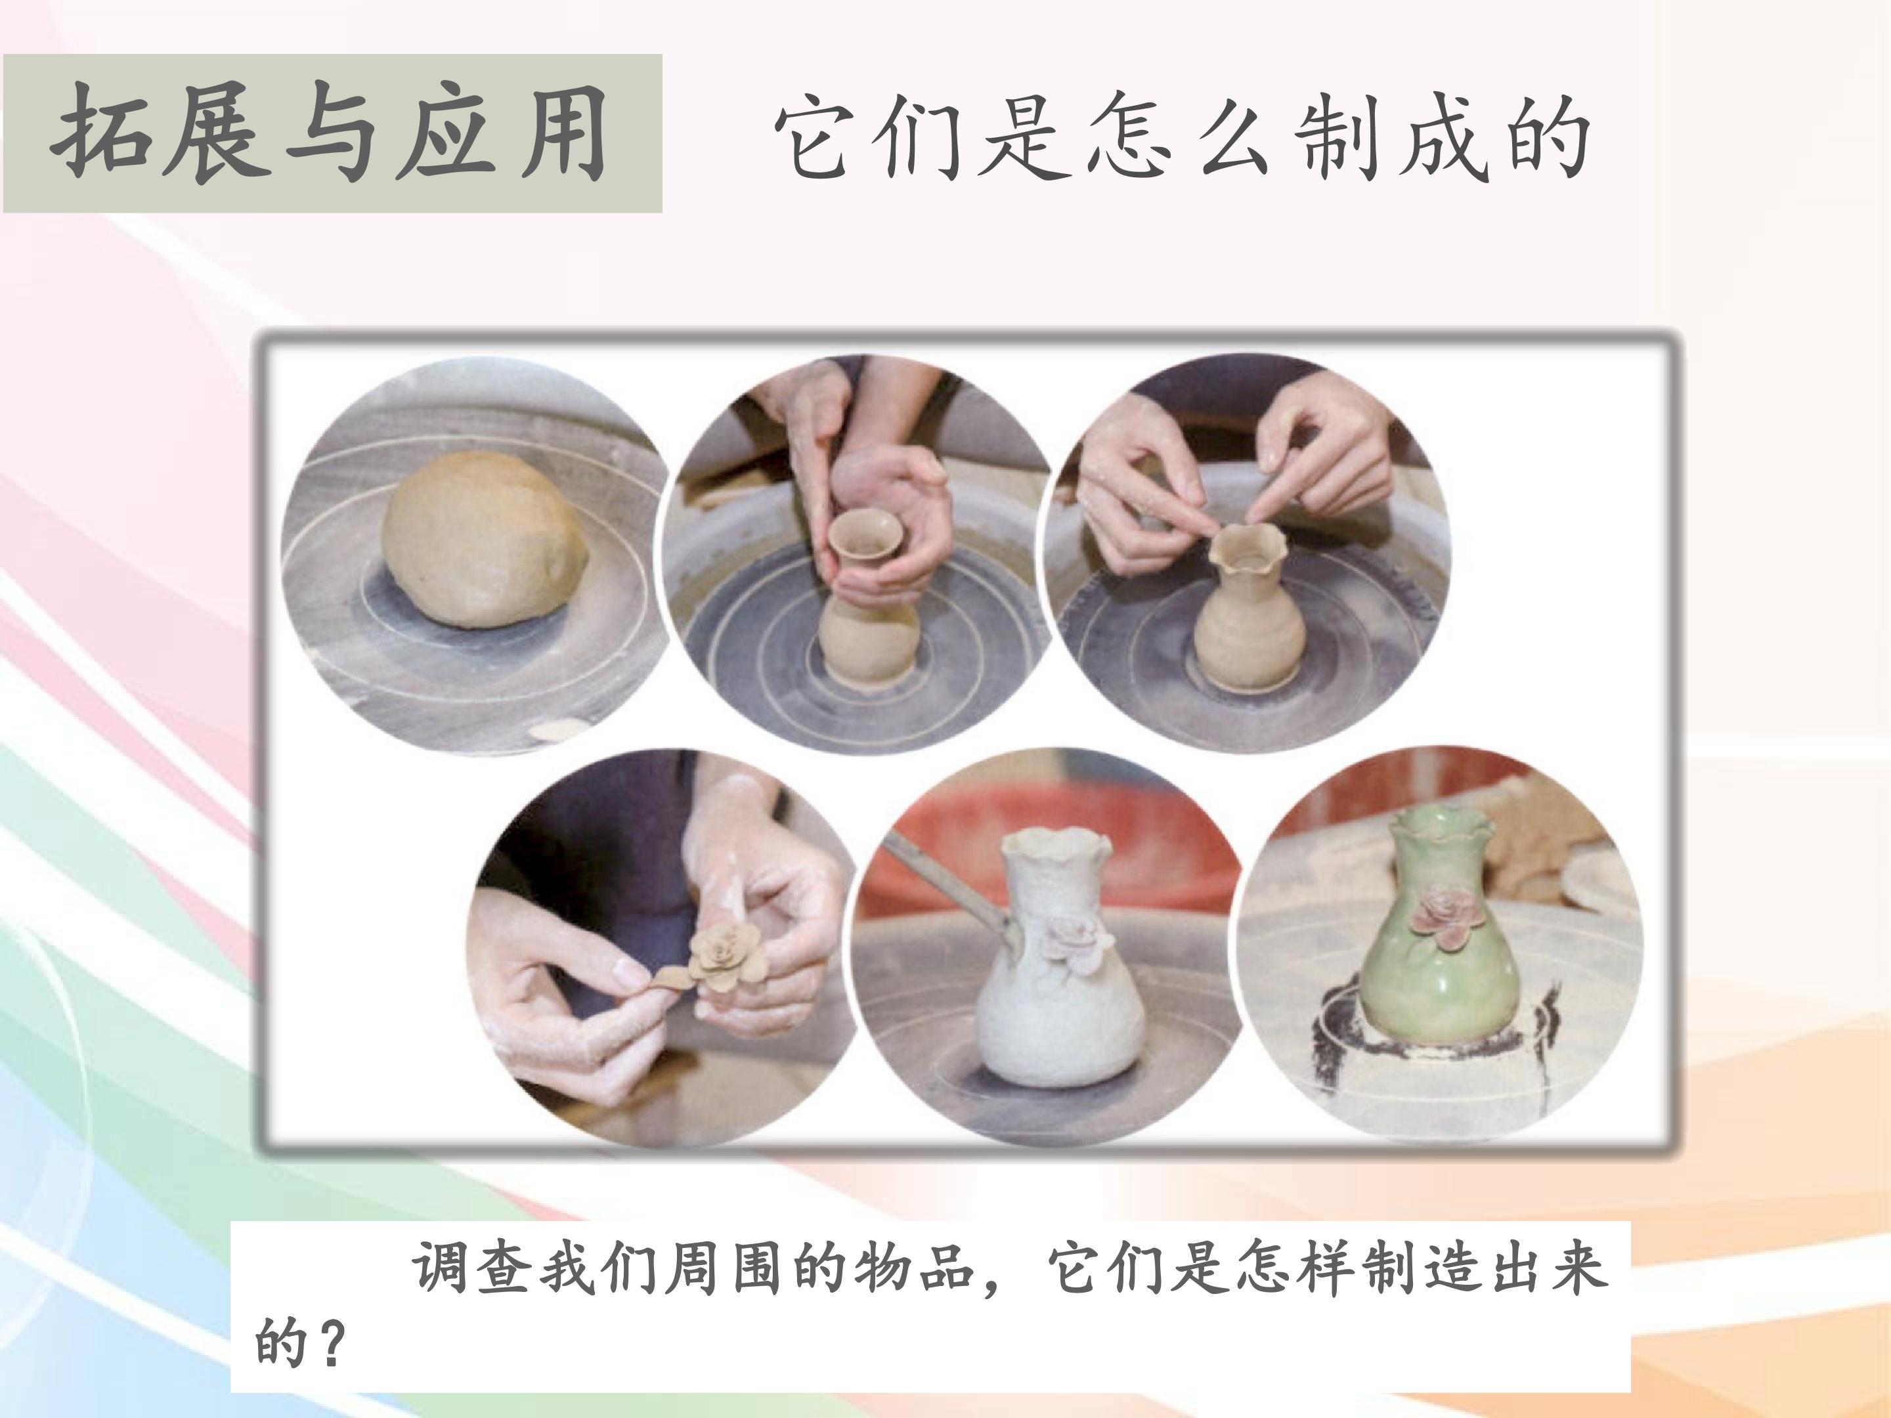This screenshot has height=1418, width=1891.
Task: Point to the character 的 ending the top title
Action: (1544, 137)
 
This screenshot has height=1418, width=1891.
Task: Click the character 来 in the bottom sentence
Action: (1578, 1269)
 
